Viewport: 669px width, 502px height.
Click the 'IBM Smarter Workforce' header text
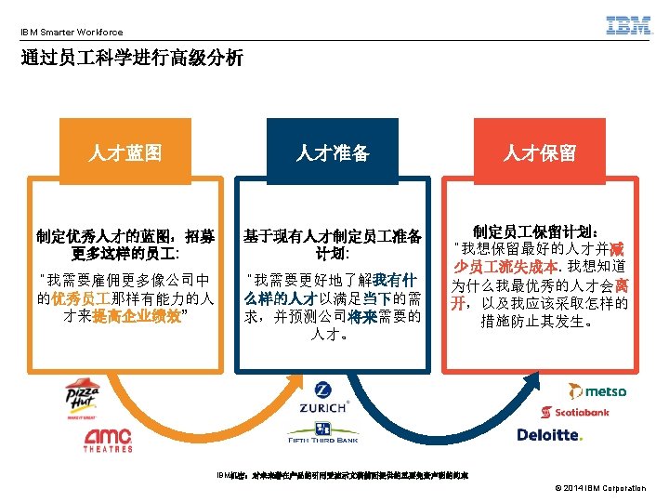[72, 32]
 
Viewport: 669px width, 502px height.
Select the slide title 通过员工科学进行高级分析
[132, 59]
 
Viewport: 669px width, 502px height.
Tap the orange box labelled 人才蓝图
[125, 152]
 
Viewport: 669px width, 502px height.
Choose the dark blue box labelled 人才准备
[333, 152]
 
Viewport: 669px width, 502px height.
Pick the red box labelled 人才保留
[540, 152]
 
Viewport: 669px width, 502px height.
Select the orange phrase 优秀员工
[81, 298]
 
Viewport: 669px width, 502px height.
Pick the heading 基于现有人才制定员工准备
[332, 236]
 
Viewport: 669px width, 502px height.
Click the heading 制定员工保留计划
[540, 231]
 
